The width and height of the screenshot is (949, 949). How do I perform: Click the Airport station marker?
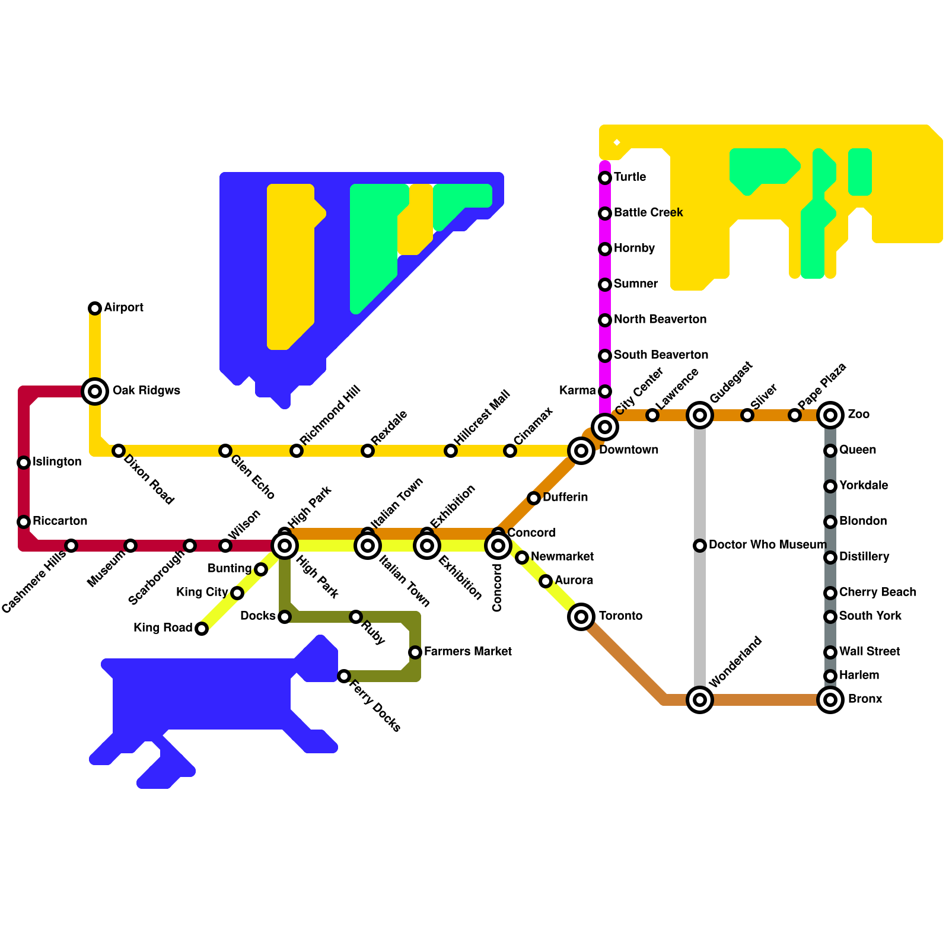[x=95, y=308]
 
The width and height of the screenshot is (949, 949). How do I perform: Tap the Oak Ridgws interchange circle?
[x=95, y=391]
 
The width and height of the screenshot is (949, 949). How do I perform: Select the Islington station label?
[x=57, y=462]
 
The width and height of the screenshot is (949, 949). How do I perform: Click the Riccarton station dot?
[x=24, y=522]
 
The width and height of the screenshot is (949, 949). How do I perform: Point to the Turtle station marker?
[x=605, y=178]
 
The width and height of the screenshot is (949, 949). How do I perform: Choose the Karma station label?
[x=577, y=391]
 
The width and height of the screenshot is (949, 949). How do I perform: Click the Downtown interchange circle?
[x=581, y=451]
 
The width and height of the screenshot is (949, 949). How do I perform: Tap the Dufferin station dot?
[x=534, y=498]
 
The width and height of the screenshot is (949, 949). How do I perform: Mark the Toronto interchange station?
[x=581, y=617]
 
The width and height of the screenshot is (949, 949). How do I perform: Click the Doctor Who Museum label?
[x=767, y=545]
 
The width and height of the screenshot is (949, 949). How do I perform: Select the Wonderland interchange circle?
[x=700, y=700]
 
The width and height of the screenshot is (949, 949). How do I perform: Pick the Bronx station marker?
[x=830, y=700]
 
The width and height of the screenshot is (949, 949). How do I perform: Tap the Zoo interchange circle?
[x=830, y=415]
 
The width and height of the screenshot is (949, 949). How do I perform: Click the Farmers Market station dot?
[x=415, y=652]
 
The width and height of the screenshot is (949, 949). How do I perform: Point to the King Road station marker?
[x=202, y=629]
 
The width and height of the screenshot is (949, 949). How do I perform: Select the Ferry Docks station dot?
[x=344, y=676]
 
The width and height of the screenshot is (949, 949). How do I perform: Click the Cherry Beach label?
[x=877, y=593]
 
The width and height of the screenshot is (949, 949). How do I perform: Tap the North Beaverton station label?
[x=660, y=320]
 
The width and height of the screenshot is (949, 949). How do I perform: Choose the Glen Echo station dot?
[x=225, y=451]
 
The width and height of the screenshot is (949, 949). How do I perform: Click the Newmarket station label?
[x=562, y=557]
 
